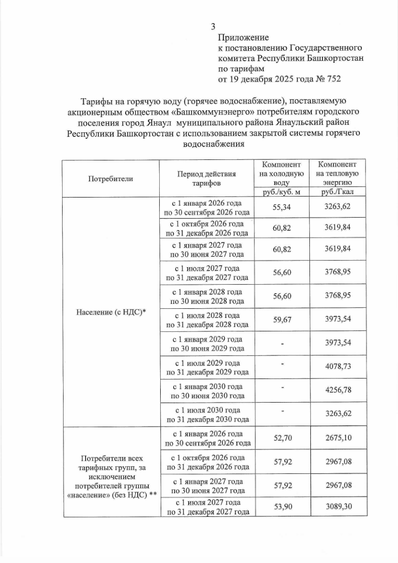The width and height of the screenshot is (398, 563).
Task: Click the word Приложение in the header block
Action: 243,37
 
